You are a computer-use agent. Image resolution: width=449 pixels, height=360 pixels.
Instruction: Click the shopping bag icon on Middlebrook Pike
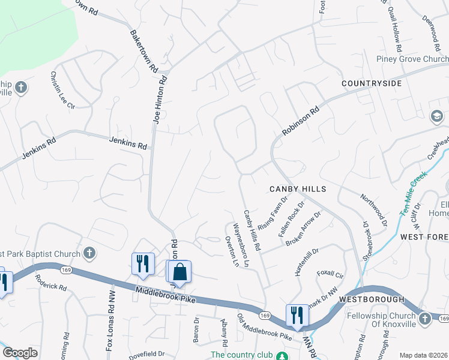179,272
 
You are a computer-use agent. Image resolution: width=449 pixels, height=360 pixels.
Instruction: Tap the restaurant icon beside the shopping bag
143,264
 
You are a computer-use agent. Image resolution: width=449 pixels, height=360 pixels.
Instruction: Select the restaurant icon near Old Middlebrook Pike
297,314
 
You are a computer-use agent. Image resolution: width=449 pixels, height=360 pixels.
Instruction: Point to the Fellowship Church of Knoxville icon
425,318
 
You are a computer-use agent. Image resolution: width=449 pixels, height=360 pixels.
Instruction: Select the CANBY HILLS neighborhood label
297,189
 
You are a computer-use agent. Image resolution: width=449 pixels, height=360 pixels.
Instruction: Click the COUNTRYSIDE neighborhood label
372,83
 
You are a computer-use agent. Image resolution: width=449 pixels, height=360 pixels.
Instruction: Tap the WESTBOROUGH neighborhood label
368,298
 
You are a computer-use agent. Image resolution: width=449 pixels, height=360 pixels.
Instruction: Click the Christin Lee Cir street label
62,90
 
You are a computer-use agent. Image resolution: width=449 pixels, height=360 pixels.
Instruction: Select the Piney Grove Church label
412,59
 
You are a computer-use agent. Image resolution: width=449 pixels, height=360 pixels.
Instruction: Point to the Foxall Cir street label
330,275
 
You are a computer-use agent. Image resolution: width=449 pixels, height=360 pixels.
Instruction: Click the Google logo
20,353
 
